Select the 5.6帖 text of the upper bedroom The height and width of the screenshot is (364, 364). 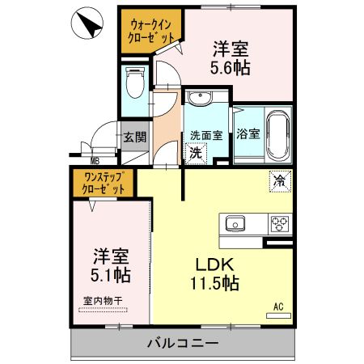231,69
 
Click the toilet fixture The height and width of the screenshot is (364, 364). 134,83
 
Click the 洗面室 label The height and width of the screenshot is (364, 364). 206,135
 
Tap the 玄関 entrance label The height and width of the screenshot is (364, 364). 134,138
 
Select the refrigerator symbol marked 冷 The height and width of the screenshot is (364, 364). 279,180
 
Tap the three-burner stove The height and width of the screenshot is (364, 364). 281,222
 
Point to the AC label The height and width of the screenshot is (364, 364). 278,307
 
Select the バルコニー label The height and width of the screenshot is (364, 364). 182,342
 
